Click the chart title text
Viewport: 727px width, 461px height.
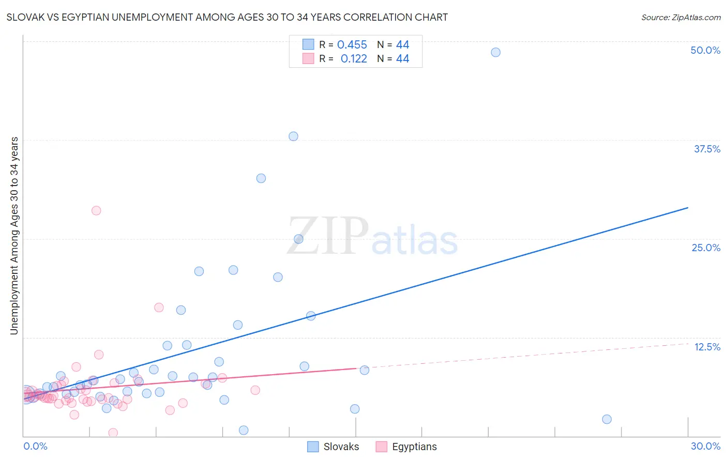click(227, 17)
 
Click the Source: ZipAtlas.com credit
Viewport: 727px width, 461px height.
click(680, 17)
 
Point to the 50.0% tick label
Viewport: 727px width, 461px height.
click(705, 50)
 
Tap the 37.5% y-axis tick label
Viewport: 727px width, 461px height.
click(707, 149)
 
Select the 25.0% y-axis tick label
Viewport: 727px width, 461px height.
click(706, 248)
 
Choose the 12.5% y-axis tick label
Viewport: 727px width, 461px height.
click(707, 347)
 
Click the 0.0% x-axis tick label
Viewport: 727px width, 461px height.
click(35, 446)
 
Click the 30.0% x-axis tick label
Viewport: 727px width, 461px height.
click(705, 446)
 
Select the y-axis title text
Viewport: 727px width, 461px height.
click(14, 236)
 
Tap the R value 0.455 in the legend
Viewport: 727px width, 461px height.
click(352, 45)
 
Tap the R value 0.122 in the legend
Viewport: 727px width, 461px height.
click(354, 59)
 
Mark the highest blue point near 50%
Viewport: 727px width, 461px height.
click(495, 52)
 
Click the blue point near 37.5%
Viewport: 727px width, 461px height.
click(293, 136)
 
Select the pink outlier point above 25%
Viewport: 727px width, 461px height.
click(96, 210)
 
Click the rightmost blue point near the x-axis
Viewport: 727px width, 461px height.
click(607, 419)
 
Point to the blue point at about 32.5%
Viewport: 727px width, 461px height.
click(261, 178)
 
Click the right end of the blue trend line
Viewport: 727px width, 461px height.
click(688, 208)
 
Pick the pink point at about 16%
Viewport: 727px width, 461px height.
click(159, 308)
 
